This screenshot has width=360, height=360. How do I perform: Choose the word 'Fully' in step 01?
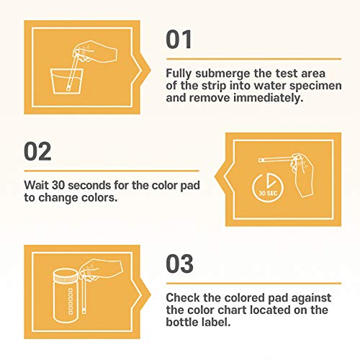tap(181, 73)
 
